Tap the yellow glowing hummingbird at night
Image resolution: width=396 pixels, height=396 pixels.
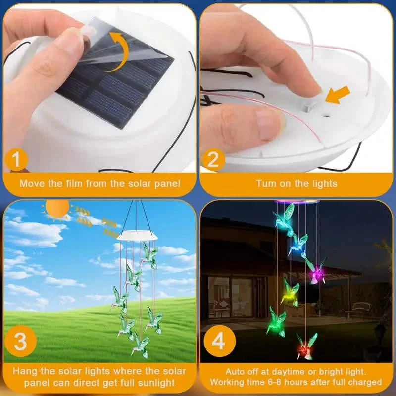click(291, 292)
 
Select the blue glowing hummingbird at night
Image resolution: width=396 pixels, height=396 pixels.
click(297, 244)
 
